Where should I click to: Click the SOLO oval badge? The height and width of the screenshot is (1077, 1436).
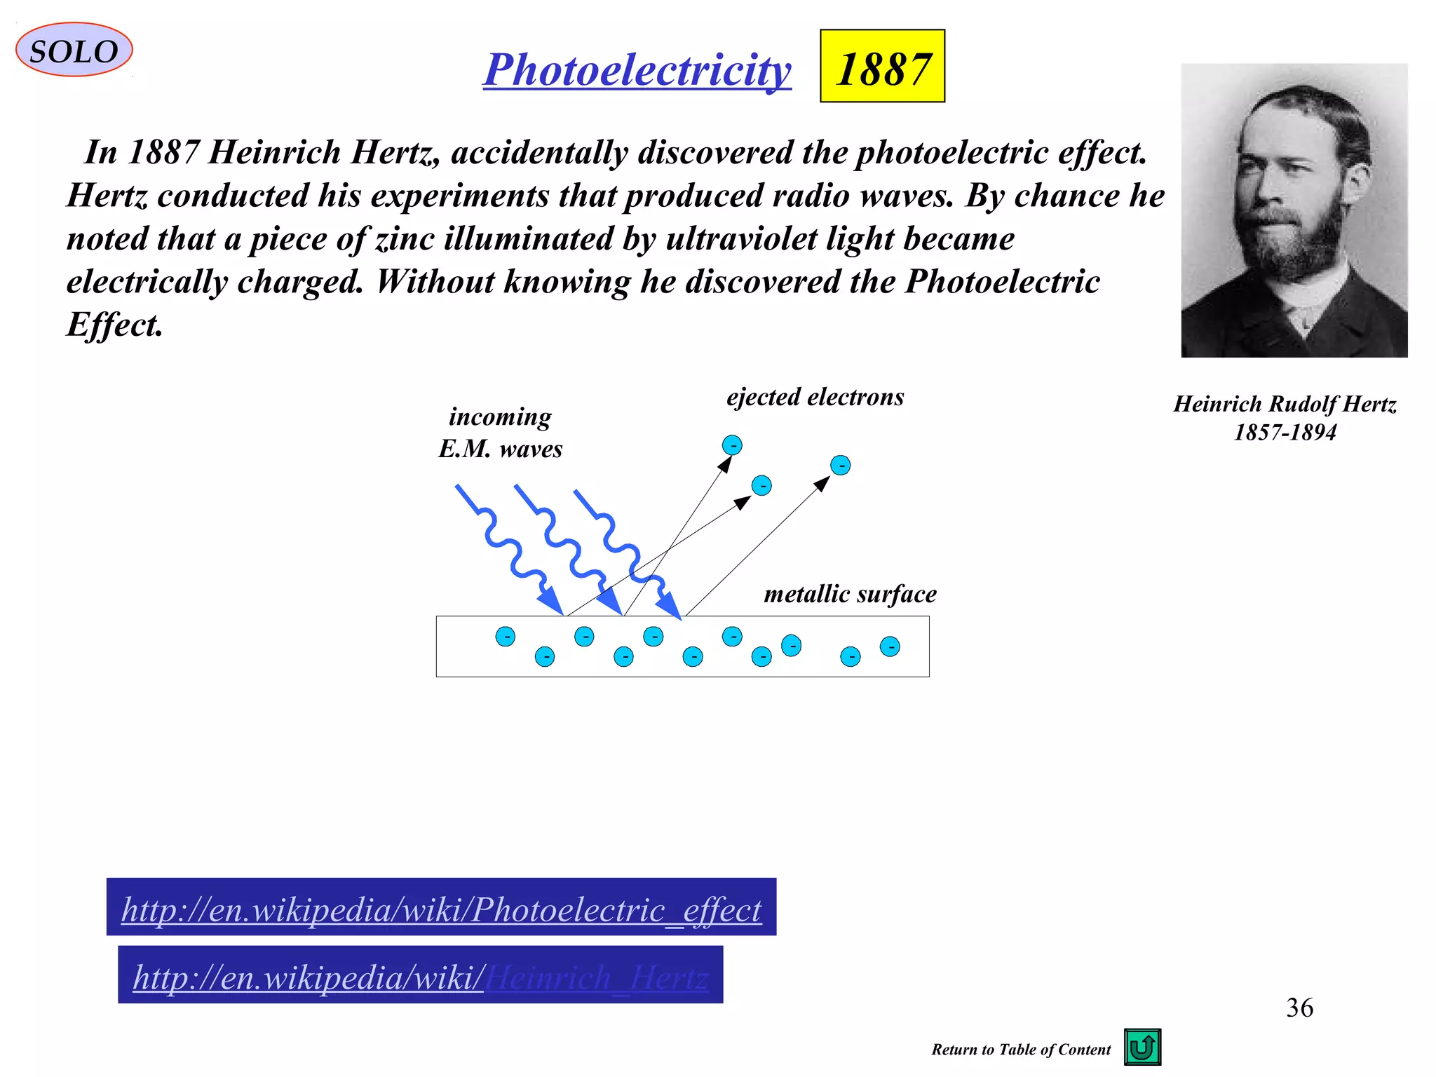tap(74, 50)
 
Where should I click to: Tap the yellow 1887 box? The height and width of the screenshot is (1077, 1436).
tap(882, 67)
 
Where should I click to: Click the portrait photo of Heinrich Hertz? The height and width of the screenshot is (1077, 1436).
tap(1294, 210)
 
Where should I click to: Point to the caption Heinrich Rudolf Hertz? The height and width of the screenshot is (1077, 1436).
tap(1285, 404)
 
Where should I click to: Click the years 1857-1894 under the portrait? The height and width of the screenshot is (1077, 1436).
tap(1285, 433)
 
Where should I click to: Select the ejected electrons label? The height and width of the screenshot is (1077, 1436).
tap(815, 397)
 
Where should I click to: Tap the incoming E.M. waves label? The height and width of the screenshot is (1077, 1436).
tap(500, 433)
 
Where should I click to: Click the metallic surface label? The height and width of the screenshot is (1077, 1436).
tap(850, 594)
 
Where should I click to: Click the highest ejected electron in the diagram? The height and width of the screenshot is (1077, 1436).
tap(732, 445)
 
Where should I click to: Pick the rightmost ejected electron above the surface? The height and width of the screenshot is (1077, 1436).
tap(840, 465)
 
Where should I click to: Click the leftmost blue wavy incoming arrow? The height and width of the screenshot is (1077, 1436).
tap(508, 547)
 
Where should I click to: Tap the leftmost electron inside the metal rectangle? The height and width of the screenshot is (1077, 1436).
tap(505, 636)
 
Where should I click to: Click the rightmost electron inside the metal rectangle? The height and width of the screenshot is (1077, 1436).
tap(890, 646)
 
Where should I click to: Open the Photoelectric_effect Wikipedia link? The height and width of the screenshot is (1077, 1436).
tap(441, 909)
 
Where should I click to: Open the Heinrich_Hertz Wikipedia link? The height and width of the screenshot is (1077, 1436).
tap(421, 976)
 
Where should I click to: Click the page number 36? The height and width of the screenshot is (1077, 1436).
tap(1299, 1008)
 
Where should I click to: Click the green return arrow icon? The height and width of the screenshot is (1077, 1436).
tap(1142, 1046)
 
